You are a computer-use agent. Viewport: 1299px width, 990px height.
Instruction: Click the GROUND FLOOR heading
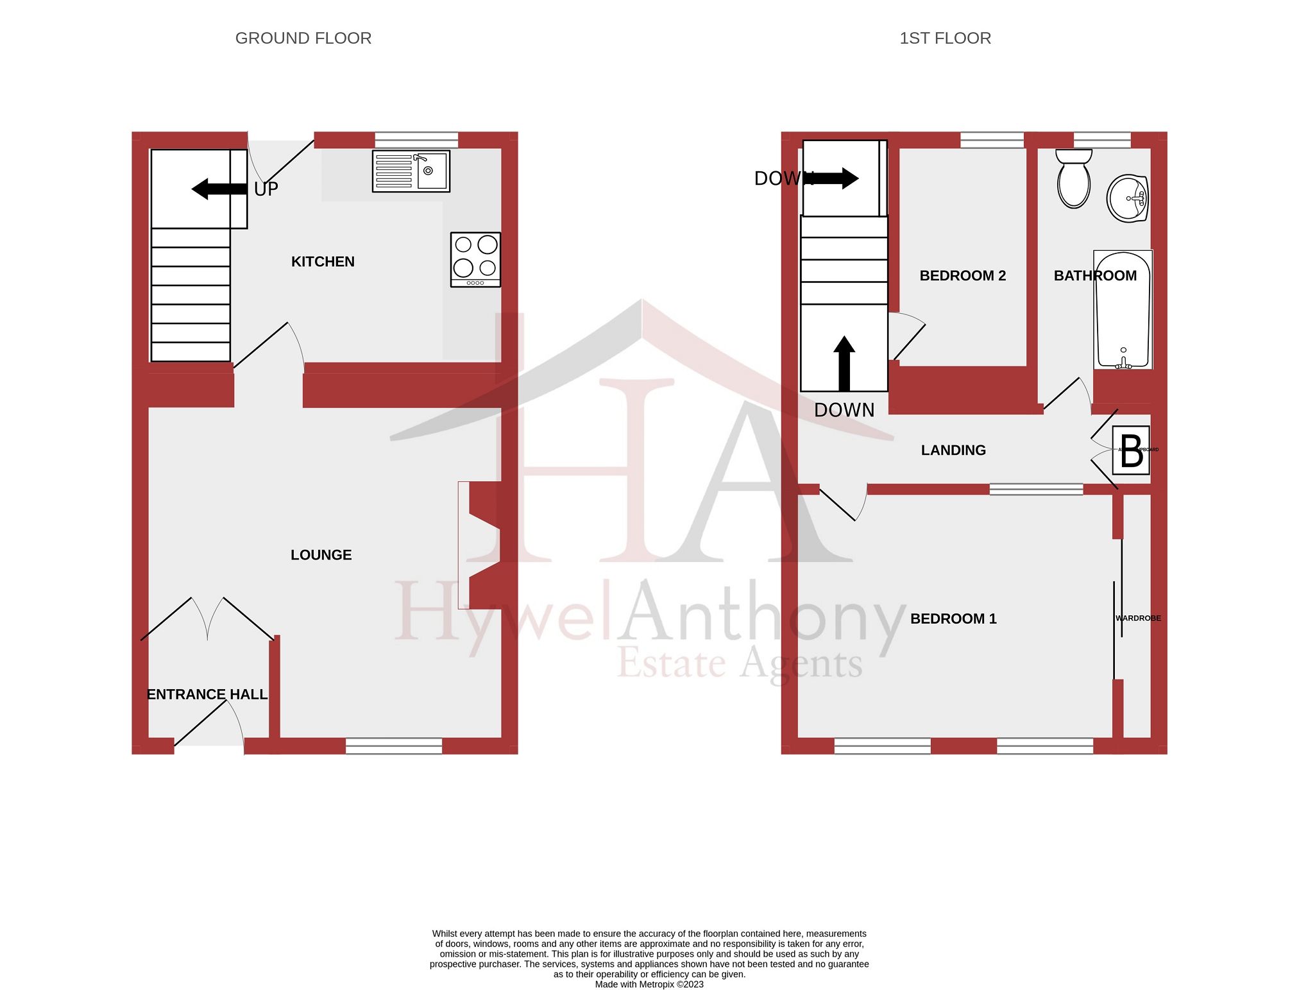pyautogui.click(x=303, y=38)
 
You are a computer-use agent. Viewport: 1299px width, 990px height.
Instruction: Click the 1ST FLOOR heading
pyautogui.click(x=944, y=38)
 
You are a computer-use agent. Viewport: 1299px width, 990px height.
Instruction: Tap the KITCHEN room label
pyautogui.click(x=323, y=262)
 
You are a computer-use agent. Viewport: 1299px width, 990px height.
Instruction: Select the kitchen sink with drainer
pyautogui.click(x=411, y=171)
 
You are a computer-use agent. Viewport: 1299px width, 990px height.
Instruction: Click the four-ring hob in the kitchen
pyautogui.click(x=475, y=259)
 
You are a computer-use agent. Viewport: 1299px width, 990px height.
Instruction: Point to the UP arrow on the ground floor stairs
pyautogui.click(x=218, y=189)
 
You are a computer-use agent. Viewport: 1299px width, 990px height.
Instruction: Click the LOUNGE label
pyautogui.click(x=321, y=555)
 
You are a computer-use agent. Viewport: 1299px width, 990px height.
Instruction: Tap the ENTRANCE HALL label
pyautogui.click(x=207, y=694)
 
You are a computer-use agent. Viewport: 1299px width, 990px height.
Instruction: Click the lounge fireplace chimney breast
pyautogui.click(x=484, y=545)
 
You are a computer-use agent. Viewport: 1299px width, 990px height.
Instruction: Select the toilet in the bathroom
pyautogui.click(x=1073, y=179)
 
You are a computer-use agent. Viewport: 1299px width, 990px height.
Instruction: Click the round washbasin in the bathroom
pyautogui.click(x=1127, y=198)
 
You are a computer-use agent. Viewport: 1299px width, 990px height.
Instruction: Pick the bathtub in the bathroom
pyautogui.click(x=1123, y=310)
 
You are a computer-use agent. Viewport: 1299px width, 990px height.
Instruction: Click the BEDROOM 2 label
pyautogui.click(x=962, y=276)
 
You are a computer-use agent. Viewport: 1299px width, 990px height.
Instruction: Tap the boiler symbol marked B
pyautogui.click(x=1130, y=450)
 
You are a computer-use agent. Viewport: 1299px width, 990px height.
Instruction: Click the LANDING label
pyautogui.click(x=953, y=450)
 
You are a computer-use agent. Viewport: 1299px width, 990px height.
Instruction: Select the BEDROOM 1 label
pyautogui.click(x=953, y=619)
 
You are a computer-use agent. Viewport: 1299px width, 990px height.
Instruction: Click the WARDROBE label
pyautogui.click(x=1138, y=619)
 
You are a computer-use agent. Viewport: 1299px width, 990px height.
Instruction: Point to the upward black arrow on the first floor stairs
pyautogui.click(x=844, y=363)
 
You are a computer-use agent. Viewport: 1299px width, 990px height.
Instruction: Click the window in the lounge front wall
pyautogui.click(x=393, y=746)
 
